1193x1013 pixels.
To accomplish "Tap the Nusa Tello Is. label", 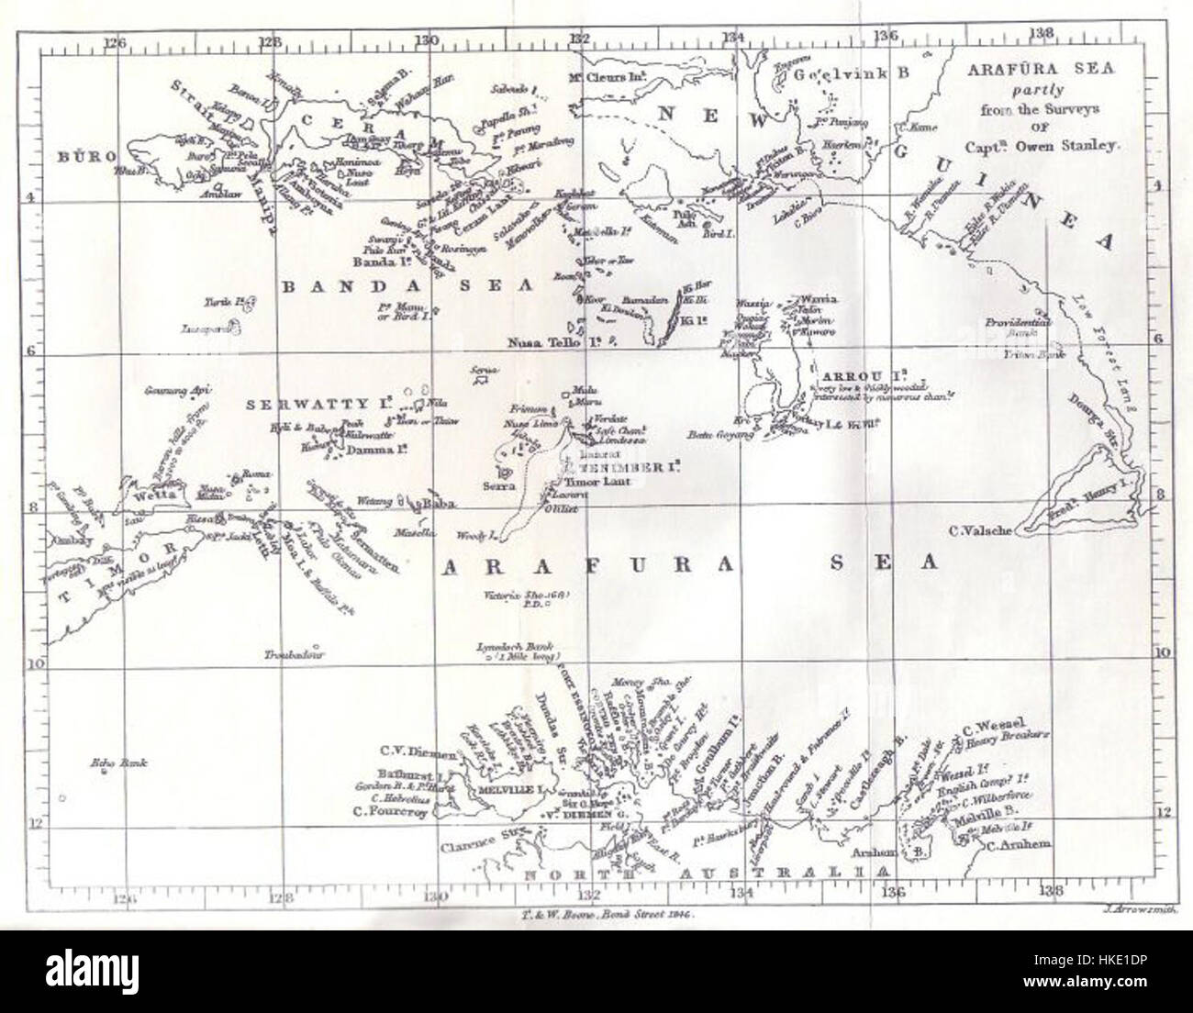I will point(553,341).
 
